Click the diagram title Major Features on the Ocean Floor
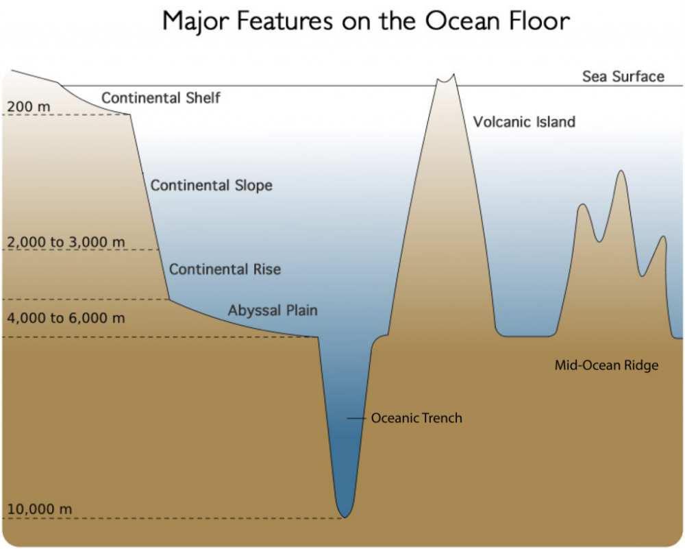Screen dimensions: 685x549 366,21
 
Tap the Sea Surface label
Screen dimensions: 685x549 623,77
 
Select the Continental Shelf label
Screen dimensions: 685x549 161,97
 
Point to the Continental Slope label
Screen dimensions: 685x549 212,185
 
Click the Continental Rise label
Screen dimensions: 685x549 225,269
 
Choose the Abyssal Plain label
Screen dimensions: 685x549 273,310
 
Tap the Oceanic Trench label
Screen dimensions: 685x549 416,418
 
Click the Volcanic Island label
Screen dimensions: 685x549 524,121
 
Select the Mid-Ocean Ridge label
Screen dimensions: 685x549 606,365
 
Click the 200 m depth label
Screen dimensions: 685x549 29,107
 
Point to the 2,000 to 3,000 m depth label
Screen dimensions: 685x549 66,242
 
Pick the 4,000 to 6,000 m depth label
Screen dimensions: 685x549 66,318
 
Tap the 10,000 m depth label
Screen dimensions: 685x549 40,509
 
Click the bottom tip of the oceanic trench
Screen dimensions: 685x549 345,517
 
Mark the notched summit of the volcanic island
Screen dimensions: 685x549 446,80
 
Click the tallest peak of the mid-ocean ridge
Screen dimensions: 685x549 621,171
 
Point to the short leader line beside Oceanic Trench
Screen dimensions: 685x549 356,419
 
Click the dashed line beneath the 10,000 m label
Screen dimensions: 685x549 174,518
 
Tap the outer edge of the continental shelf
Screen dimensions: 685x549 129,114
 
